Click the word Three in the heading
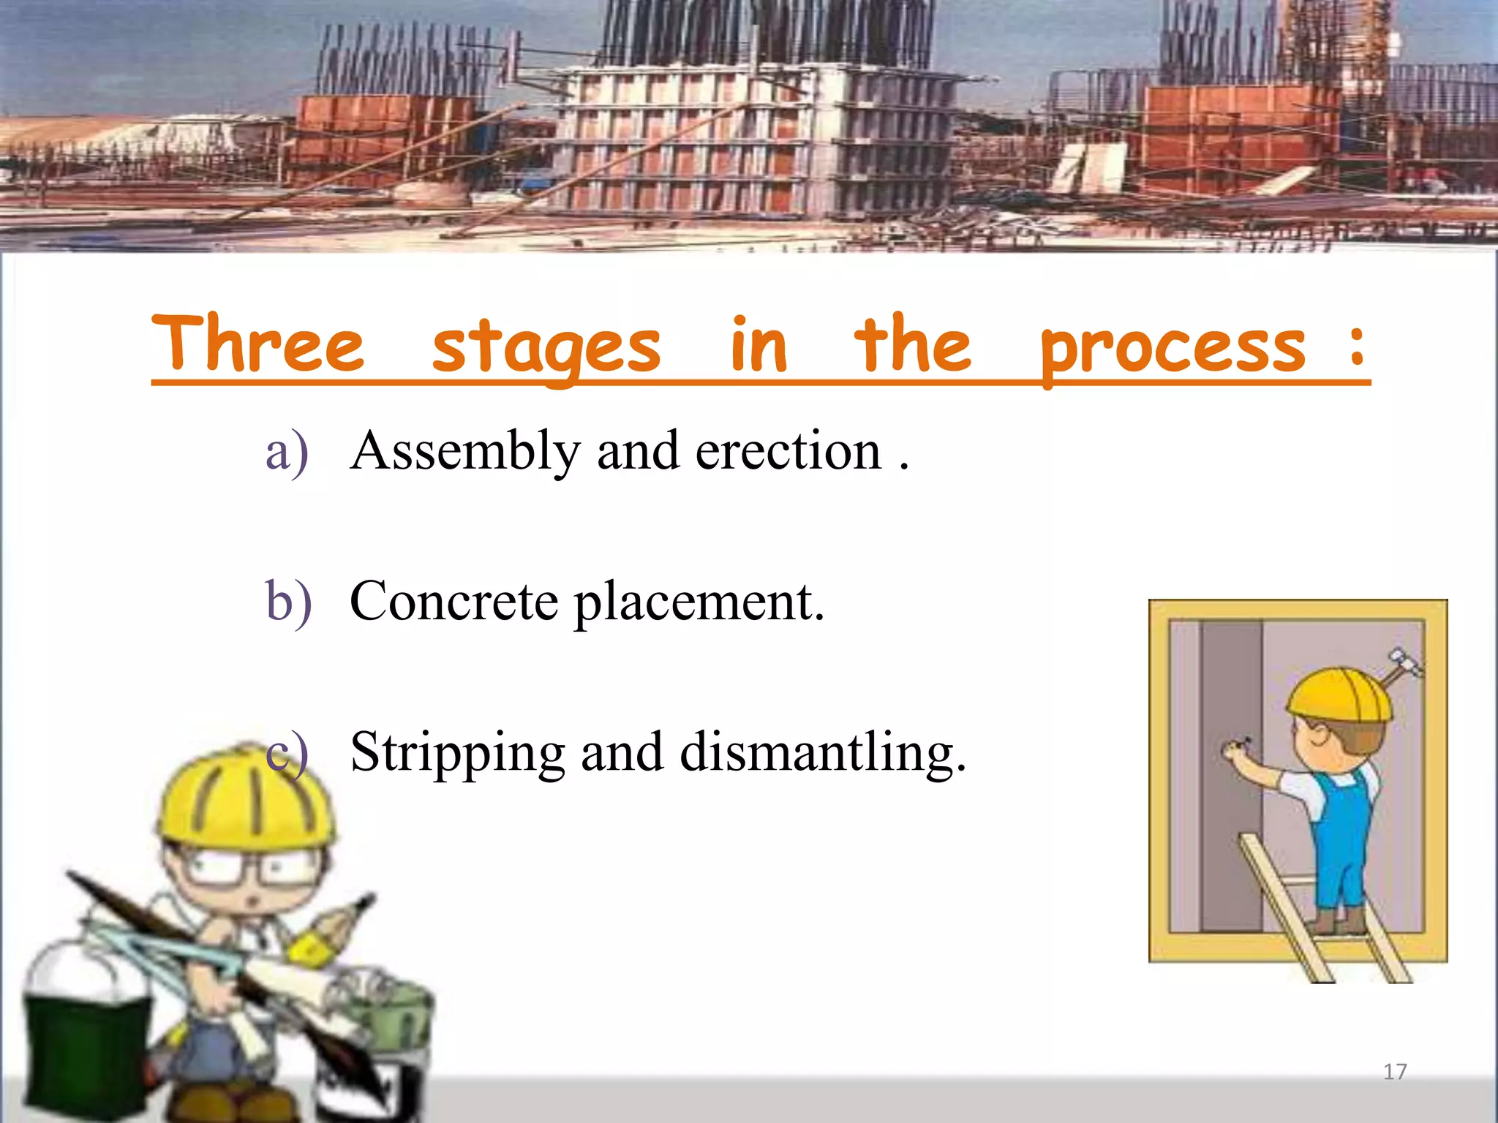pos(257,344)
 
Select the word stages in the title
pos(546,347)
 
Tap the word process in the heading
pos(1173,348)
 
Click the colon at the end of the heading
pos(1357,346)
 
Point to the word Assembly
pos(465,451)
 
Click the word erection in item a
pos(788,451)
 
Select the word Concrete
pos(454,601)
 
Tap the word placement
pos(699,602)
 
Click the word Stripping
pos(458,753)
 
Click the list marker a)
pos(287,453)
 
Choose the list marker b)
pos(288,601)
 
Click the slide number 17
pos(1395,1072)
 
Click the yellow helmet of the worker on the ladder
pos(1338,695)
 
